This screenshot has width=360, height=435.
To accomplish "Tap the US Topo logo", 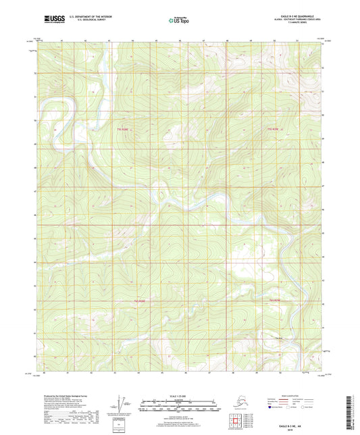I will pyautogui.click(x=180, y=21).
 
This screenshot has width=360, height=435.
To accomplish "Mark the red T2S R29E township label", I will pyautogui.click(x=275, y=301).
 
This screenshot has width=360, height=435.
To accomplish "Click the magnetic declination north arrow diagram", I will pyautogui.click(x=122, y=403).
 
